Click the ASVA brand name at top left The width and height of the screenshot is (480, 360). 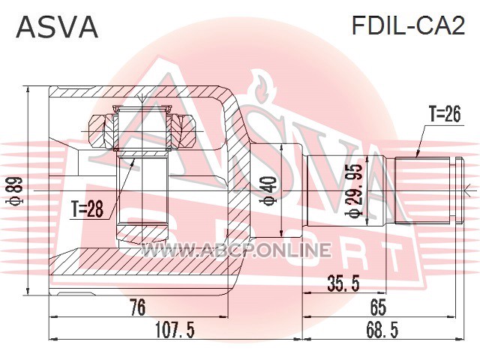tap(57, 27)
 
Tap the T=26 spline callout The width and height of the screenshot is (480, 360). tap(445, 115)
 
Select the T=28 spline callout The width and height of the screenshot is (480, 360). tap(87, 209)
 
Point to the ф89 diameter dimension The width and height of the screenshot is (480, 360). tap(15, 191)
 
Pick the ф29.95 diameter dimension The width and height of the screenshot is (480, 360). tap(354, 190)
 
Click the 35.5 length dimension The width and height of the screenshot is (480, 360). tap(343, 283)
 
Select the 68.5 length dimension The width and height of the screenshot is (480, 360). tap(382, 330)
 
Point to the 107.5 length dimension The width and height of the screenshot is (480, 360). tap(175, 330)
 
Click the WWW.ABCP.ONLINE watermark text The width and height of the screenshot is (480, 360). tap(235, 250)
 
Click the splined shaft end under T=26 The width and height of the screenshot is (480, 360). tap(422, 190)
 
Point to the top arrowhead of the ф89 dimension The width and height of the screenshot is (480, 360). tap(28, 90)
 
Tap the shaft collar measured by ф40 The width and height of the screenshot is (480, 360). tap(277, 190)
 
